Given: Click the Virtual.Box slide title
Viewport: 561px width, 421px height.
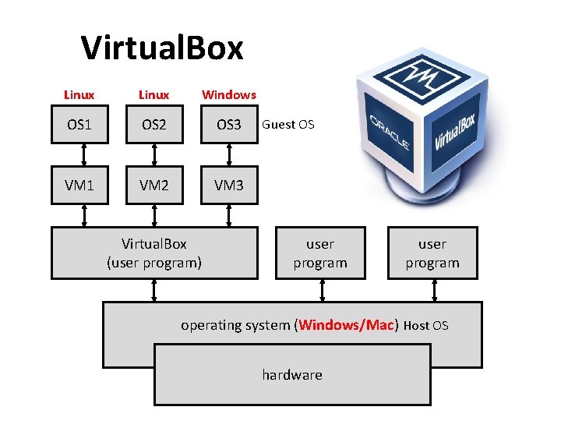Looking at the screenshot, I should point(162,48).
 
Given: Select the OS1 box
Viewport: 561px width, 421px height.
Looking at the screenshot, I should point(79,125).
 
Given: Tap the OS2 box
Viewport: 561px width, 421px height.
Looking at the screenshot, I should point(154,125).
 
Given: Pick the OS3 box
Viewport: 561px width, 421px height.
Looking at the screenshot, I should point(229,125).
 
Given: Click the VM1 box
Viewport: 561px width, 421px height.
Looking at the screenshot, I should point(79,186).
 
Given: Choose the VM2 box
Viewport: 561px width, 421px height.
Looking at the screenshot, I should point(154,186).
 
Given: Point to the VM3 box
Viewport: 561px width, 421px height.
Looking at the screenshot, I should point(229,186).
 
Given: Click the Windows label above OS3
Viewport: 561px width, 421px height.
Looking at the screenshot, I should point(229,94).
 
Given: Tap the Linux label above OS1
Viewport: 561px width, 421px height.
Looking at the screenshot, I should point(79,94).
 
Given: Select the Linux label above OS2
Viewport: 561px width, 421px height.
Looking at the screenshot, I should point(153,94).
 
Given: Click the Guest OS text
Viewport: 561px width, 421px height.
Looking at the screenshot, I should point(288,124).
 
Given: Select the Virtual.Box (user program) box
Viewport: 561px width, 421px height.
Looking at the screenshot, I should point(154,253).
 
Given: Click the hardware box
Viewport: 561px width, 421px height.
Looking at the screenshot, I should point(292,375).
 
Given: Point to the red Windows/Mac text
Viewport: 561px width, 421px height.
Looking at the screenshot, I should point(348,325).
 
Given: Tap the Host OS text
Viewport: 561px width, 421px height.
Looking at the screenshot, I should point(426,326).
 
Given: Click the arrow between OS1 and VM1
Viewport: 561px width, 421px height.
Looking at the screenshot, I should point(79,156).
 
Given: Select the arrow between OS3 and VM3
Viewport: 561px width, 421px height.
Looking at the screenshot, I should point(229,156).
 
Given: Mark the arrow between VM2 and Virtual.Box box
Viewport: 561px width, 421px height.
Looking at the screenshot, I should point(154,215).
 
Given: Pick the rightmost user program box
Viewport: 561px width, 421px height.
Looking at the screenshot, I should point(432,253).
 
